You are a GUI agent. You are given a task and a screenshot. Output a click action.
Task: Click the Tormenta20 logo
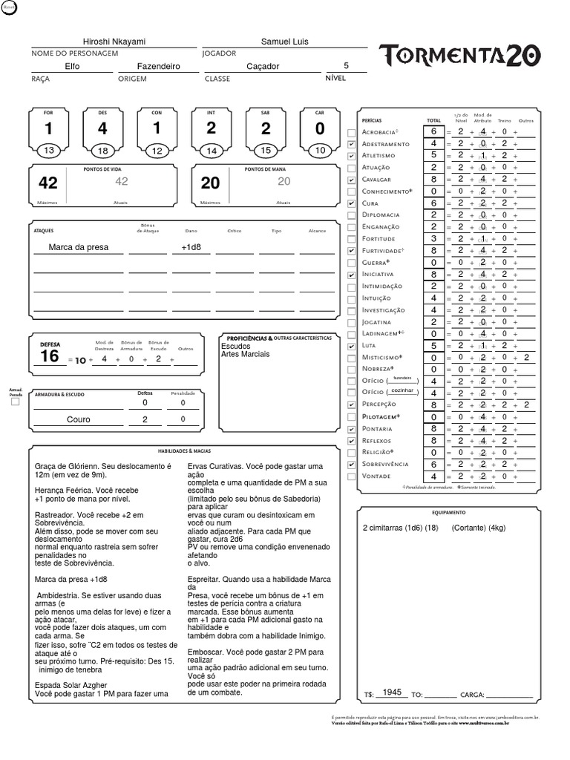(459, 56)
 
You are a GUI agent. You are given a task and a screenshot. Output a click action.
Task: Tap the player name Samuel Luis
(284, 42)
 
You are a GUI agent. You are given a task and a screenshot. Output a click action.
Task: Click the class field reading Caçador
(263, 66)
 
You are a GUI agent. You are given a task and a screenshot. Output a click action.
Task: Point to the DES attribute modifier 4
(102, 128)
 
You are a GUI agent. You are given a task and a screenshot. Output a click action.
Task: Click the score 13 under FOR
(49, 151)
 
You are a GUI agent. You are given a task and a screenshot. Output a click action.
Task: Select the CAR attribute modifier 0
(320, 128)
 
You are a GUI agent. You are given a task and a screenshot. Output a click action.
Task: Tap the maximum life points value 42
(48, 183)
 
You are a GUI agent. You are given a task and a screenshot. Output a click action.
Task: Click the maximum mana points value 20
(211, 183)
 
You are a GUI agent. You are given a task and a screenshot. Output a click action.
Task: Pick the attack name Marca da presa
(78, 247)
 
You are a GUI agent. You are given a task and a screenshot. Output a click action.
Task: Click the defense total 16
(50, 356)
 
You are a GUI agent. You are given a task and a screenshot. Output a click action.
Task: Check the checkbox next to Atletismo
(351, 156)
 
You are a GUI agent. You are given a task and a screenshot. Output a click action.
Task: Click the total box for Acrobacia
(433, 132)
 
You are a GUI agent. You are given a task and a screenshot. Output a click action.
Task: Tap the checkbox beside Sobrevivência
(351, 465)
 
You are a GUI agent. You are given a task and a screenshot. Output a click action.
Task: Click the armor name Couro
(78, 419)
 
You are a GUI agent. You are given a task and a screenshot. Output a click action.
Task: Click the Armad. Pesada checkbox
(15, 402)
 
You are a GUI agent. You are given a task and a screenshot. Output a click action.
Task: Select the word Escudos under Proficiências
(236, 346)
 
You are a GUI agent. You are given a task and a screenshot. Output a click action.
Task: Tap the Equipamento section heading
(448, 512)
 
